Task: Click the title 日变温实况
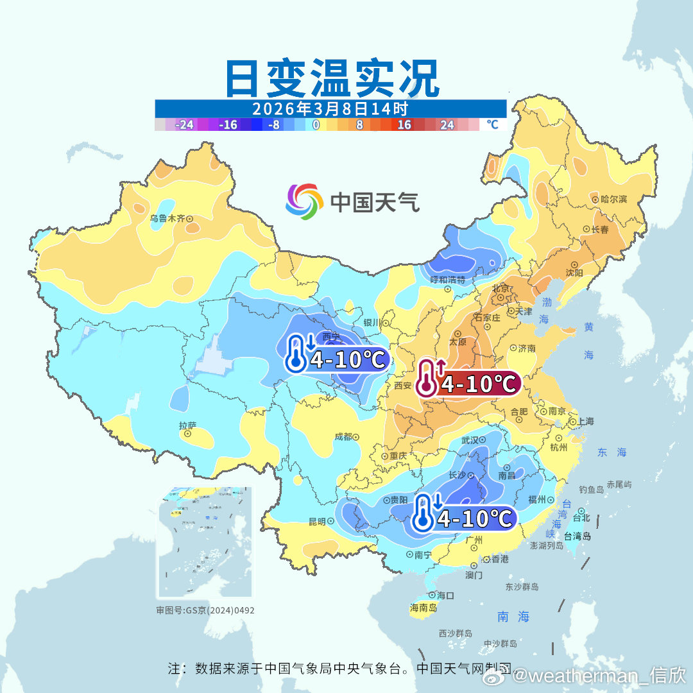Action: (x=332, y=78)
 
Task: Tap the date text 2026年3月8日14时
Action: (x=330, y=108)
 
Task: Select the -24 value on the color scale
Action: (x=185, y=125)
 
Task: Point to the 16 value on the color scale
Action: (x=404, y=125)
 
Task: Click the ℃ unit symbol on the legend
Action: (x=492, y=124)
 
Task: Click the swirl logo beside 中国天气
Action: (x=304, y=201)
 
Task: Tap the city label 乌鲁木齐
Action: (x=167, y=218)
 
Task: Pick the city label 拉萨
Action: (x=187, y=425)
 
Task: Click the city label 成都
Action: (x=343, y=436)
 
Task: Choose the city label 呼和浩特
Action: (x=447, y=280)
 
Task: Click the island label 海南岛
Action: (x=424, y=607)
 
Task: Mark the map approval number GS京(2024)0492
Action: (x=205, y=610)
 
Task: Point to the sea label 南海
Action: (x=513, y=617)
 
